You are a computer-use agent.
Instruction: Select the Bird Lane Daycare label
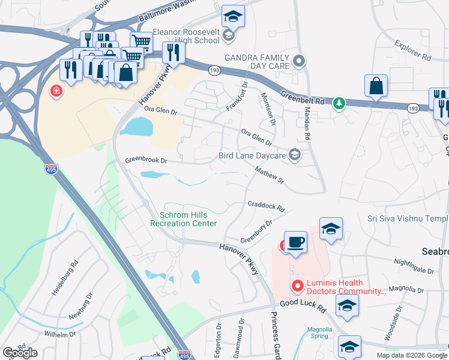pyautogui.click(x=253, y=155)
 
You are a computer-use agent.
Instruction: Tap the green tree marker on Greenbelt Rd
pyautogui.click(x=339, y=103)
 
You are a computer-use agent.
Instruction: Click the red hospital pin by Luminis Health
pyautogui.click(x=296, y=285)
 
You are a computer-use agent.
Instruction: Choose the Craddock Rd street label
pyautogui.click(x=266, y=206)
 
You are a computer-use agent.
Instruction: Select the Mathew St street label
pyautogui.click(x=268, y=175)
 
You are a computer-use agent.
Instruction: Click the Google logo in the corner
pyautogui.click(x=20, y=353)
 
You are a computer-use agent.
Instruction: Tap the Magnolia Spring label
pyautogui.click(x=319, y=332)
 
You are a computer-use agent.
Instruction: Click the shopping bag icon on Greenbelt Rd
pyautogui.click(x=376, y=87)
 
